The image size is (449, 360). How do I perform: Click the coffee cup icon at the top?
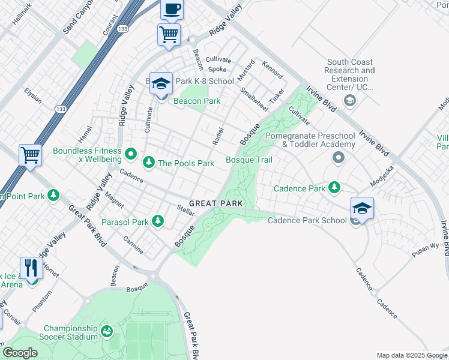click(x=172, y=9)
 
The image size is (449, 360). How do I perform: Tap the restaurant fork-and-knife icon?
click(x=29, y=268)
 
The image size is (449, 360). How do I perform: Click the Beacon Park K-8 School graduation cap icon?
click(x=161, y=84)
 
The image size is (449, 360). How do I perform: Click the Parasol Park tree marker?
click(x=158, y=222)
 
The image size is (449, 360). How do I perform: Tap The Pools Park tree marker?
click(x=148, y=163)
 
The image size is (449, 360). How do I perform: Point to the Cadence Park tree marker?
click(x=334, y=188)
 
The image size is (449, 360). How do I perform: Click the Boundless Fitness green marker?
click(x=130, y=156)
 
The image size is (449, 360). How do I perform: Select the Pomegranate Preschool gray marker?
click(x=339, y=158)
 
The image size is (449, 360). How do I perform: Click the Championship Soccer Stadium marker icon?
click(x=107, y=331)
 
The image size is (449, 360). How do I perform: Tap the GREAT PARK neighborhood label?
click(x=215, y=203)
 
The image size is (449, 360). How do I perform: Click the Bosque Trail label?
click(x=249, y=160)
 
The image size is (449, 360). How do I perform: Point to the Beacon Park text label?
click(x=197, y=101)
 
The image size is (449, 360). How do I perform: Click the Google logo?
click(x=20, y=353)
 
